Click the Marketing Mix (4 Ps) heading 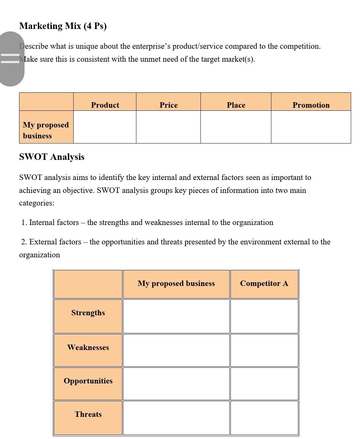coord(63,26)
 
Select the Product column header coord(105,105)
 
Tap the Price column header coord(168,105)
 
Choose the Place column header coord(236,105)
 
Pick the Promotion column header coord(311,105)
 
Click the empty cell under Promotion coord(311,127)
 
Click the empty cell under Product coord(105,127)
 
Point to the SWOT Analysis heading coord(52,157)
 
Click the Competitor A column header coord(264,284)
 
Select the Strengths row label coord(88,313)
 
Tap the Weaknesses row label coord(88,348)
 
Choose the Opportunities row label coord(88,381)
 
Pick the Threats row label coord(88,414)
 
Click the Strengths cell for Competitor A coord(264,316)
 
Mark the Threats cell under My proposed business coord(176,418)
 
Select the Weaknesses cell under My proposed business coord(176,350)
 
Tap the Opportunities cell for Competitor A coord(264,384)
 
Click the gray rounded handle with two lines coord(11,59)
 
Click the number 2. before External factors coord(24,242)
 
